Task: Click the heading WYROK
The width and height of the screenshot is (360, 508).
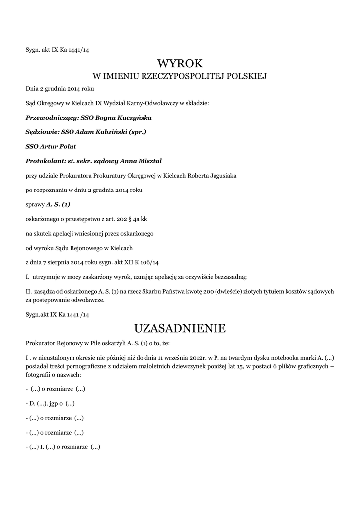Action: point(180,63)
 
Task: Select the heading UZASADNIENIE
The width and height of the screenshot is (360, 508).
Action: point(180,328)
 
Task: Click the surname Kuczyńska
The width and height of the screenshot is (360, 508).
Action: point(134,118)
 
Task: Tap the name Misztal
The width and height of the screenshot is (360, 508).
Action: point(148,161)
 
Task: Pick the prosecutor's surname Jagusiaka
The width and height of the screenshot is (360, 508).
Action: point(219,176)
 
